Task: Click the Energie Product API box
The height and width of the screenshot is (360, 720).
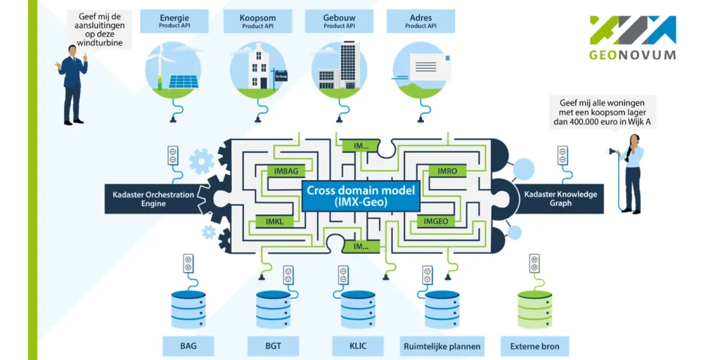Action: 174,21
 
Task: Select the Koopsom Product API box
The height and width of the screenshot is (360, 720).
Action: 257,21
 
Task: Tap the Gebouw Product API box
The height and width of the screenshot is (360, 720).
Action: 339,21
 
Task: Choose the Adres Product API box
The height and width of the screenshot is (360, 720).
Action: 420,21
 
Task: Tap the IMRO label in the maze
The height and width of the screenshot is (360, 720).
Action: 447,171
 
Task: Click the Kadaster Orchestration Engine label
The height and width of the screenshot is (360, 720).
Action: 153,199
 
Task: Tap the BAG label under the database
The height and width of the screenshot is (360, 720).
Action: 188,346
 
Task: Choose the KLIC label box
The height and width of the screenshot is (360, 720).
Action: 358,346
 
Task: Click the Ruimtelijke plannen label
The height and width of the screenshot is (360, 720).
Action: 442,346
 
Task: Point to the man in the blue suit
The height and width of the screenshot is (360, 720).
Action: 72,83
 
